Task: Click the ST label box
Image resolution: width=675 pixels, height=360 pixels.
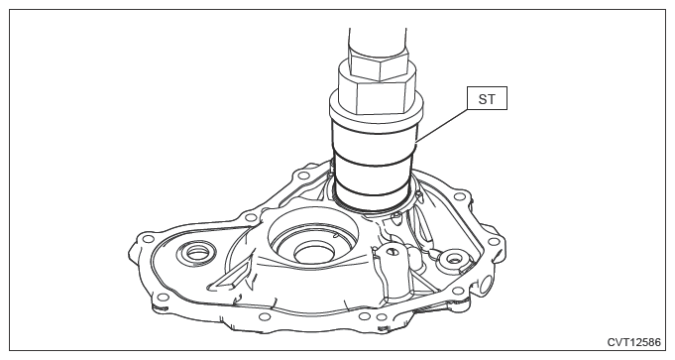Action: click(487, 98)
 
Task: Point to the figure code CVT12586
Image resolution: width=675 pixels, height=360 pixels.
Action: click(633, 342)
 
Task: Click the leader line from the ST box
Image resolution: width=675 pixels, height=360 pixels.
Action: click(442, 125)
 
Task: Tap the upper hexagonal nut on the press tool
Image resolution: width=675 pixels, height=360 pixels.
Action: click(378, 63)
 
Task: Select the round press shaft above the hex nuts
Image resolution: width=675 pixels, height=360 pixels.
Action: click(378, 42)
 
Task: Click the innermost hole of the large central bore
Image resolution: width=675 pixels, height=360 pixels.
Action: click(314, 252)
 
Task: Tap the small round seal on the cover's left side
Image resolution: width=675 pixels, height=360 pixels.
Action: click(196, 254)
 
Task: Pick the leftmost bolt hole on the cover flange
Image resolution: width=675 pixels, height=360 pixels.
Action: click(148, 239)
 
